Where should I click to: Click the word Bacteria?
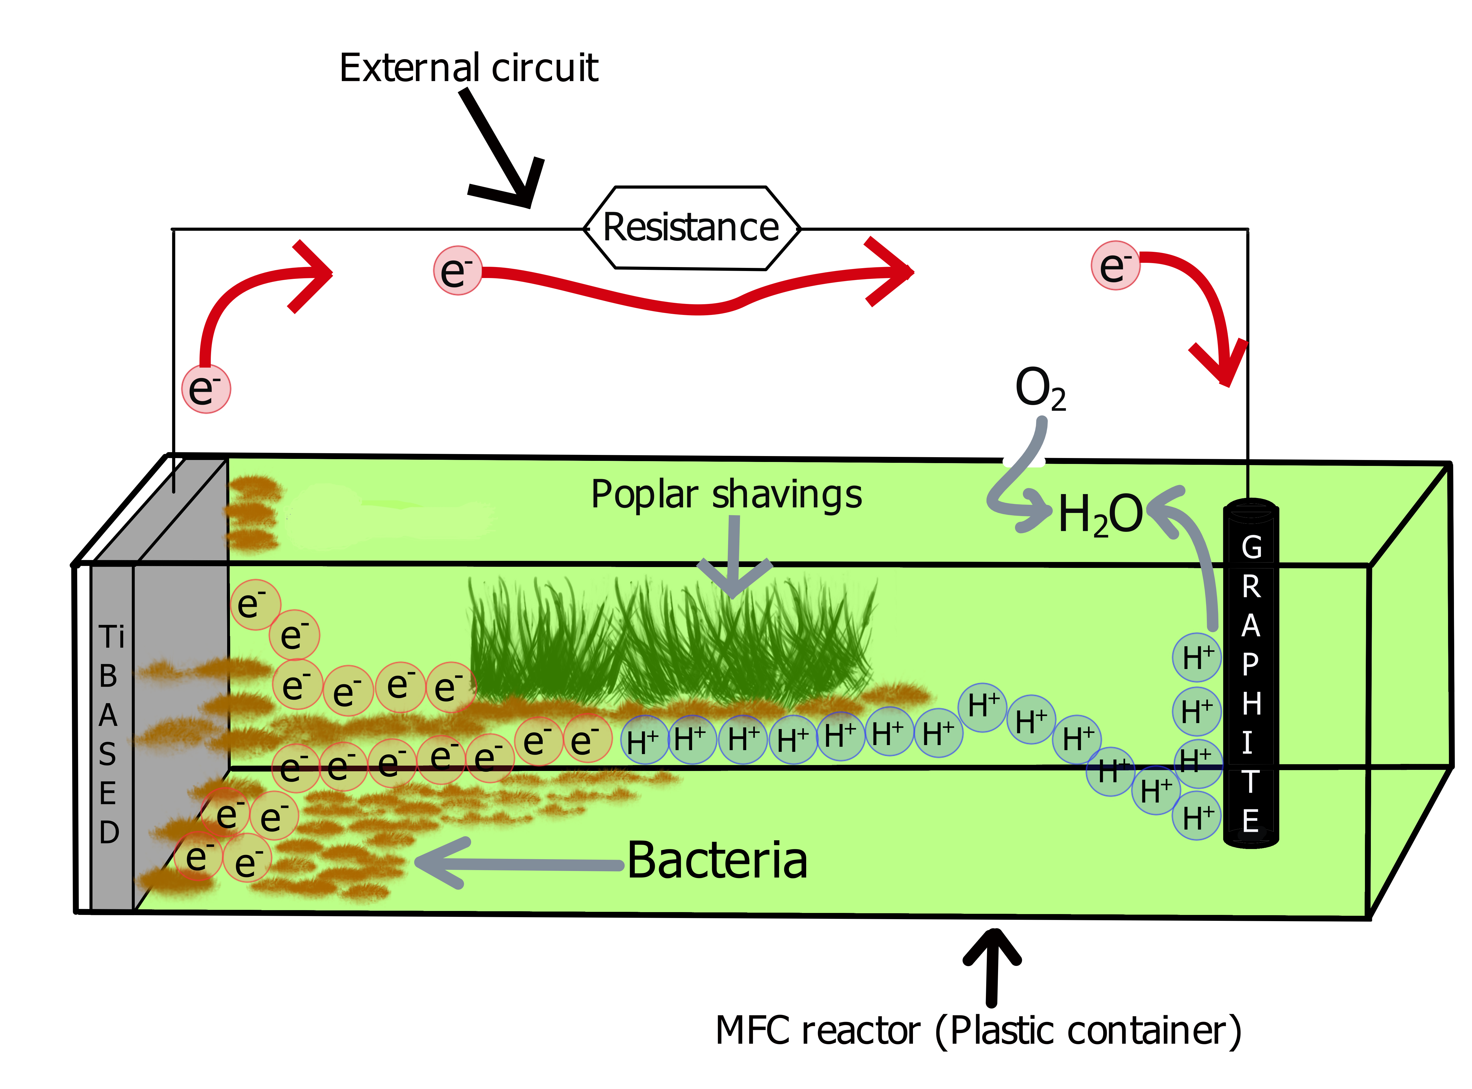717,860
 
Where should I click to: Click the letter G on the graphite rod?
1251,547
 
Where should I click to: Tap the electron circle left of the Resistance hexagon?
457,270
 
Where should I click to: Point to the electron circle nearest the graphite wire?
1115,265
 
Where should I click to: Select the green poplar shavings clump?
673,639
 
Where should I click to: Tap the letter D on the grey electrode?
110,833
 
